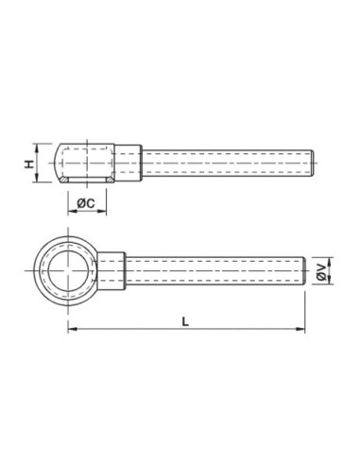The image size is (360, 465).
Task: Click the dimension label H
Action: coord(29,164)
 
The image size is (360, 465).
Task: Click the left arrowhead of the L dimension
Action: coord(72,330)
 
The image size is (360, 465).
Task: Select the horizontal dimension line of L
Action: coord(236,330)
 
